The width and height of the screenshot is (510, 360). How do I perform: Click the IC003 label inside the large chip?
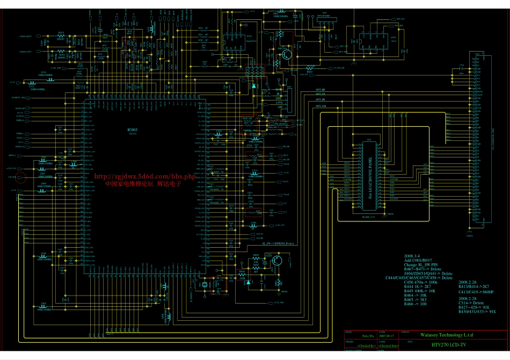click(x=132, y=130)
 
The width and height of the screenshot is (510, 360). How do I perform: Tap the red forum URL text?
click(x=144, y=176)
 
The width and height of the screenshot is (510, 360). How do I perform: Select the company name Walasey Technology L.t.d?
click(x=439, y=335)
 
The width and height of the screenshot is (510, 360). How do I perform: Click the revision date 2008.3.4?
click(x=413, y=256)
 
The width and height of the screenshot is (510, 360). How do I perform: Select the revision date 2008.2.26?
click(x=468, y=282)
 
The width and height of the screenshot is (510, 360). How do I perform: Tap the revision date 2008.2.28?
click(x=468, y=298)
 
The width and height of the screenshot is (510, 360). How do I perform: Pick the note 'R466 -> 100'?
click(x=416, y=304)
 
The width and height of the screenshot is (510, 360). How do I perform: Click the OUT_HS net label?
click(x=320, y=90)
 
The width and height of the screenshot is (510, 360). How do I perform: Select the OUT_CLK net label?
click(x=321, y=106)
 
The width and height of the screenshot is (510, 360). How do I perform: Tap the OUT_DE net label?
click(x=320, y=100)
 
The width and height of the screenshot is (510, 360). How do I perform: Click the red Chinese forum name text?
click(x=143, y=183)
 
